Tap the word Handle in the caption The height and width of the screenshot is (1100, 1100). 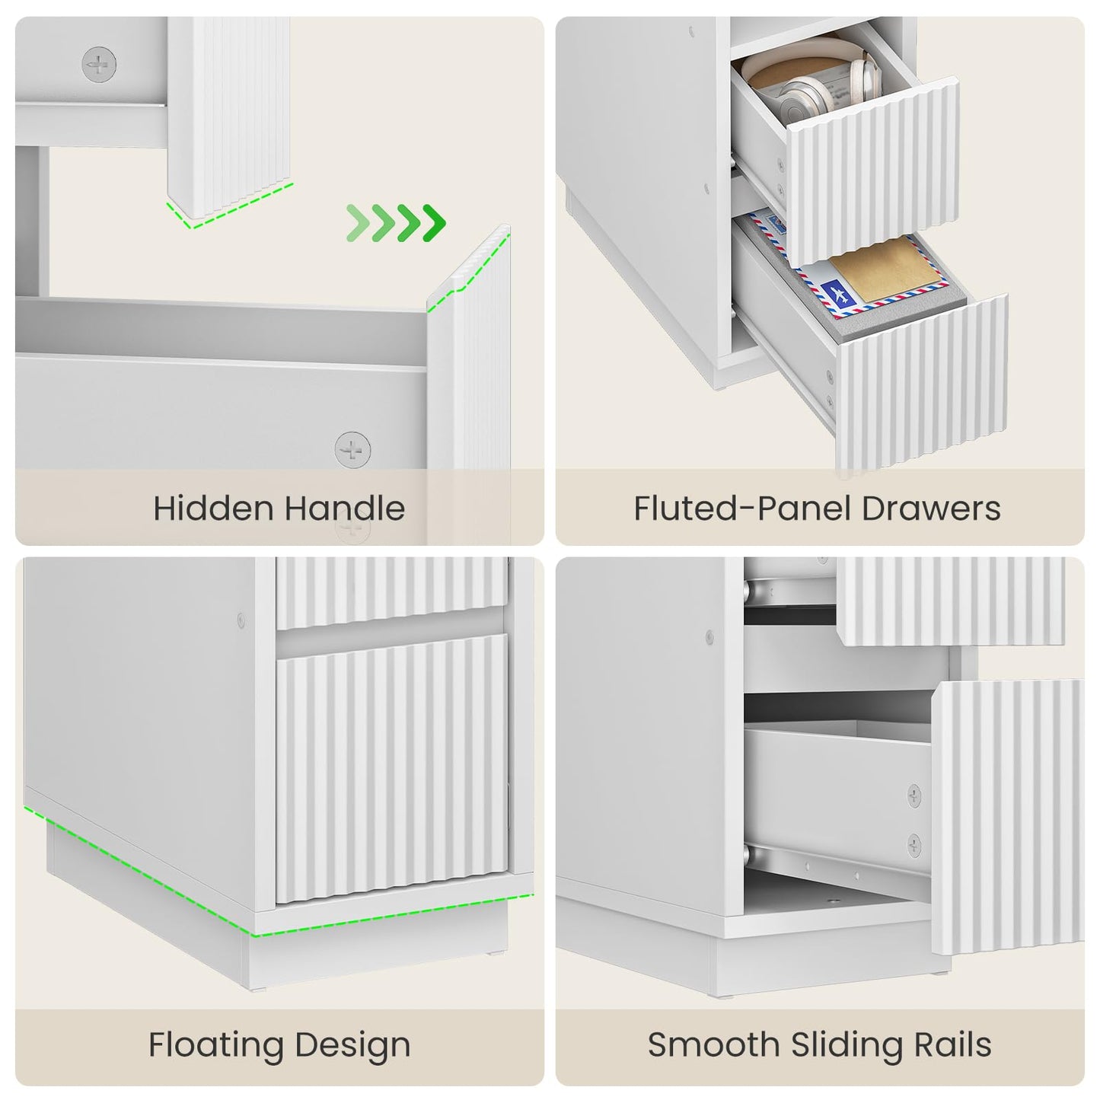(x=345, y=508)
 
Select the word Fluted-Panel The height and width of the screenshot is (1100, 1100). (x=741, y=508)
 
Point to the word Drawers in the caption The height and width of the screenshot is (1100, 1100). (x=931, y=508)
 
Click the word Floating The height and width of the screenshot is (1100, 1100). (x=215, y=1044)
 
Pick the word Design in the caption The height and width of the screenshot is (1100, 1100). (x=352, y=1044)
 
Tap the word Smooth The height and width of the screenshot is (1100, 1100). (x=713, y=1044)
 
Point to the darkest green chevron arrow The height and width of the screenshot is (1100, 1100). (x=435, y=222)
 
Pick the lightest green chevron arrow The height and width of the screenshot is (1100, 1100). (x=358, y=222)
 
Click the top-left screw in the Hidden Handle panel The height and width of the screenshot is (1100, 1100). (x=99, y=65)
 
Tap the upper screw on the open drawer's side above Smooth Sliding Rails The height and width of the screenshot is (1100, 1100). (x=914, y=796)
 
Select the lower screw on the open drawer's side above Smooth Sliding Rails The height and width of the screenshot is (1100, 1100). (x=914, y=846)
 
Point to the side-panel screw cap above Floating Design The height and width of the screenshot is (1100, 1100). (x=241, y=620)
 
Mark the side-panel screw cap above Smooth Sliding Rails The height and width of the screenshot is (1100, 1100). (x=709, y=637)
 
